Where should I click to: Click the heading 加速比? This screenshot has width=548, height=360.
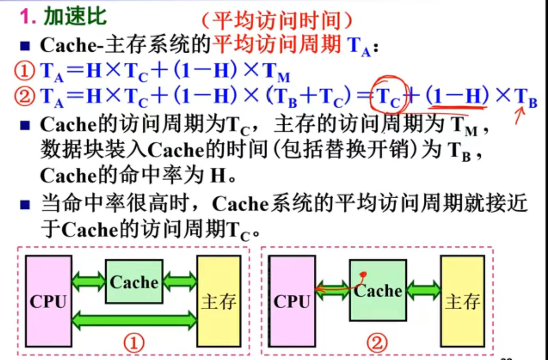75,16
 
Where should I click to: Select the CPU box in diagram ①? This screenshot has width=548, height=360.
48,301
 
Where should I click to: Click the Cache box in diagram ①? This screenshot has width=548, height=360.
134,282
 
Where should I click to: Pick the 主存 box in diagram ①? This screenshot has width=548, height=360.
219,301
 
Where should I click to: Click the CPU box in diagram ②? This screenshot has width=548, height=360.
292,301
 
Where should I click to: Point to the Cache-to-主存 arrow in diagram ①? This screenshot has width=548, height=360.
180,281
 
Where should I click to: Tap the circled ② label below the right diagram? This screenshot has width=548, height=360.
377,343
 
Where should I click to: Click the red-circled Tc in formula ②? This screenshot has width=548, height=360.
388,97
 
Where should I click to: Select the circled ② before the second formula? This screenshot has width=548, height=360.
24,96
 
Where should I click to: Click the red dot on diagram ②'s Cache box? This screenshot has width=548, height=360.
363,274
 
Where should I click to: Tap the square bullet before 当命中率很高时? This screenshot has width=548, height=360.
25,205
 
